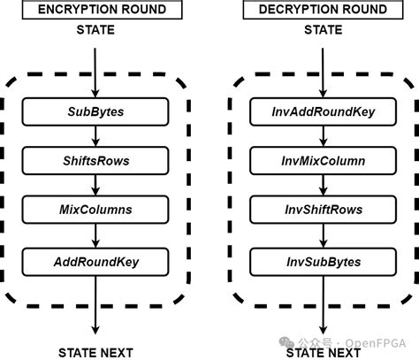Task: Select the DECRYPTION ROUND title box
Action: (x=324, y=11)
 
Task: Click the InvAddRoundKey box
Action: (x=323, y=112)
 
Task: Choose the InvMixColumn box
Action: (x=323, y=162)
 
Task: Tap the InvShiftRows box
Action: (x=323, y=211)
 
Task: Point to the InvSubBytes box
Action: (x=323, y=261)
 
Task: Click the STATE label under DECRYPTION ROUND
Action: (x=324, y=31)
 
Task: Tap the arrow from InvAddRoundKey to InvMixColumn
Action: (x=323, y=137)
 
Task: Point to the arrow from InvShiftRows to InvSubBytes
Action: (x=323, y=236)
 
